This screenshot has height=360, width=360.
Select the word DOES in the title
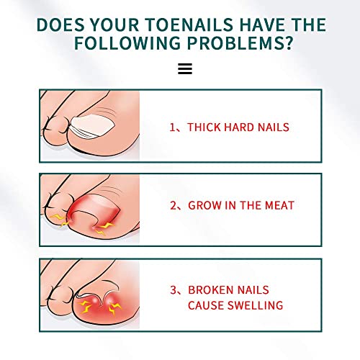point(60,24)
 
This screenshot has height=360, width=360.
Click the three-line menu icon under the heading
point(184,69)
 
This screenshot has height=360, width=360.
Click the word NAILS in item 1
point(273,127)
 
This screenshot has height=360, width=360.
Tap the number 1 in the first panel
point(173,127)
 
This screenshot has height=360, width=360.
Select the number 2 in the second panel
point(173,205)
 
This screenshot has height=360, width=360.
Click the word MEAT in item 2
point(275,205)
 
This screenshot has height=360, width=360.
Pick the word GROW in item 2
point(204,205)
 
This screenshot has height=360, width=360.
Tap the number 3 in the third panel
point(173,290)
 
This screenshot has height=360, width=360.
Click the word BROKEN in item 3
point(210,290)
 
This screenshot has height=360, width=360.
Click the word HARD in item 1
point(238,127)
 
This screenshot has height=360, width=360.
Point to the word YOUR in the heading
point(114,24)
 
